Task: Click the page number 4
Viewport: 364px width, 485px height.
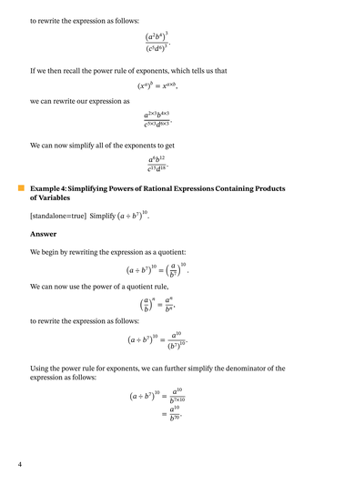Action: pos(19,465)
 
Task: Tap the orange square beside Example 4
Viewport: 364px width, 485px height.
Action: pos(20,187)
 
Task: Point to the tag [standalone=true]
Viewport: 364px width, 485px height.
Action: pos(57,215)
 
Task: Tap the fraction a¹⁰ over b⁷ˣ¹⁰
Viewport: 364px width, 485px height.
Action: pos(177,395)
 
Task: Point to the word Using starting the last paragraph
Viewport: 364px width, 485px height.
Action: pos(40,369)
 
